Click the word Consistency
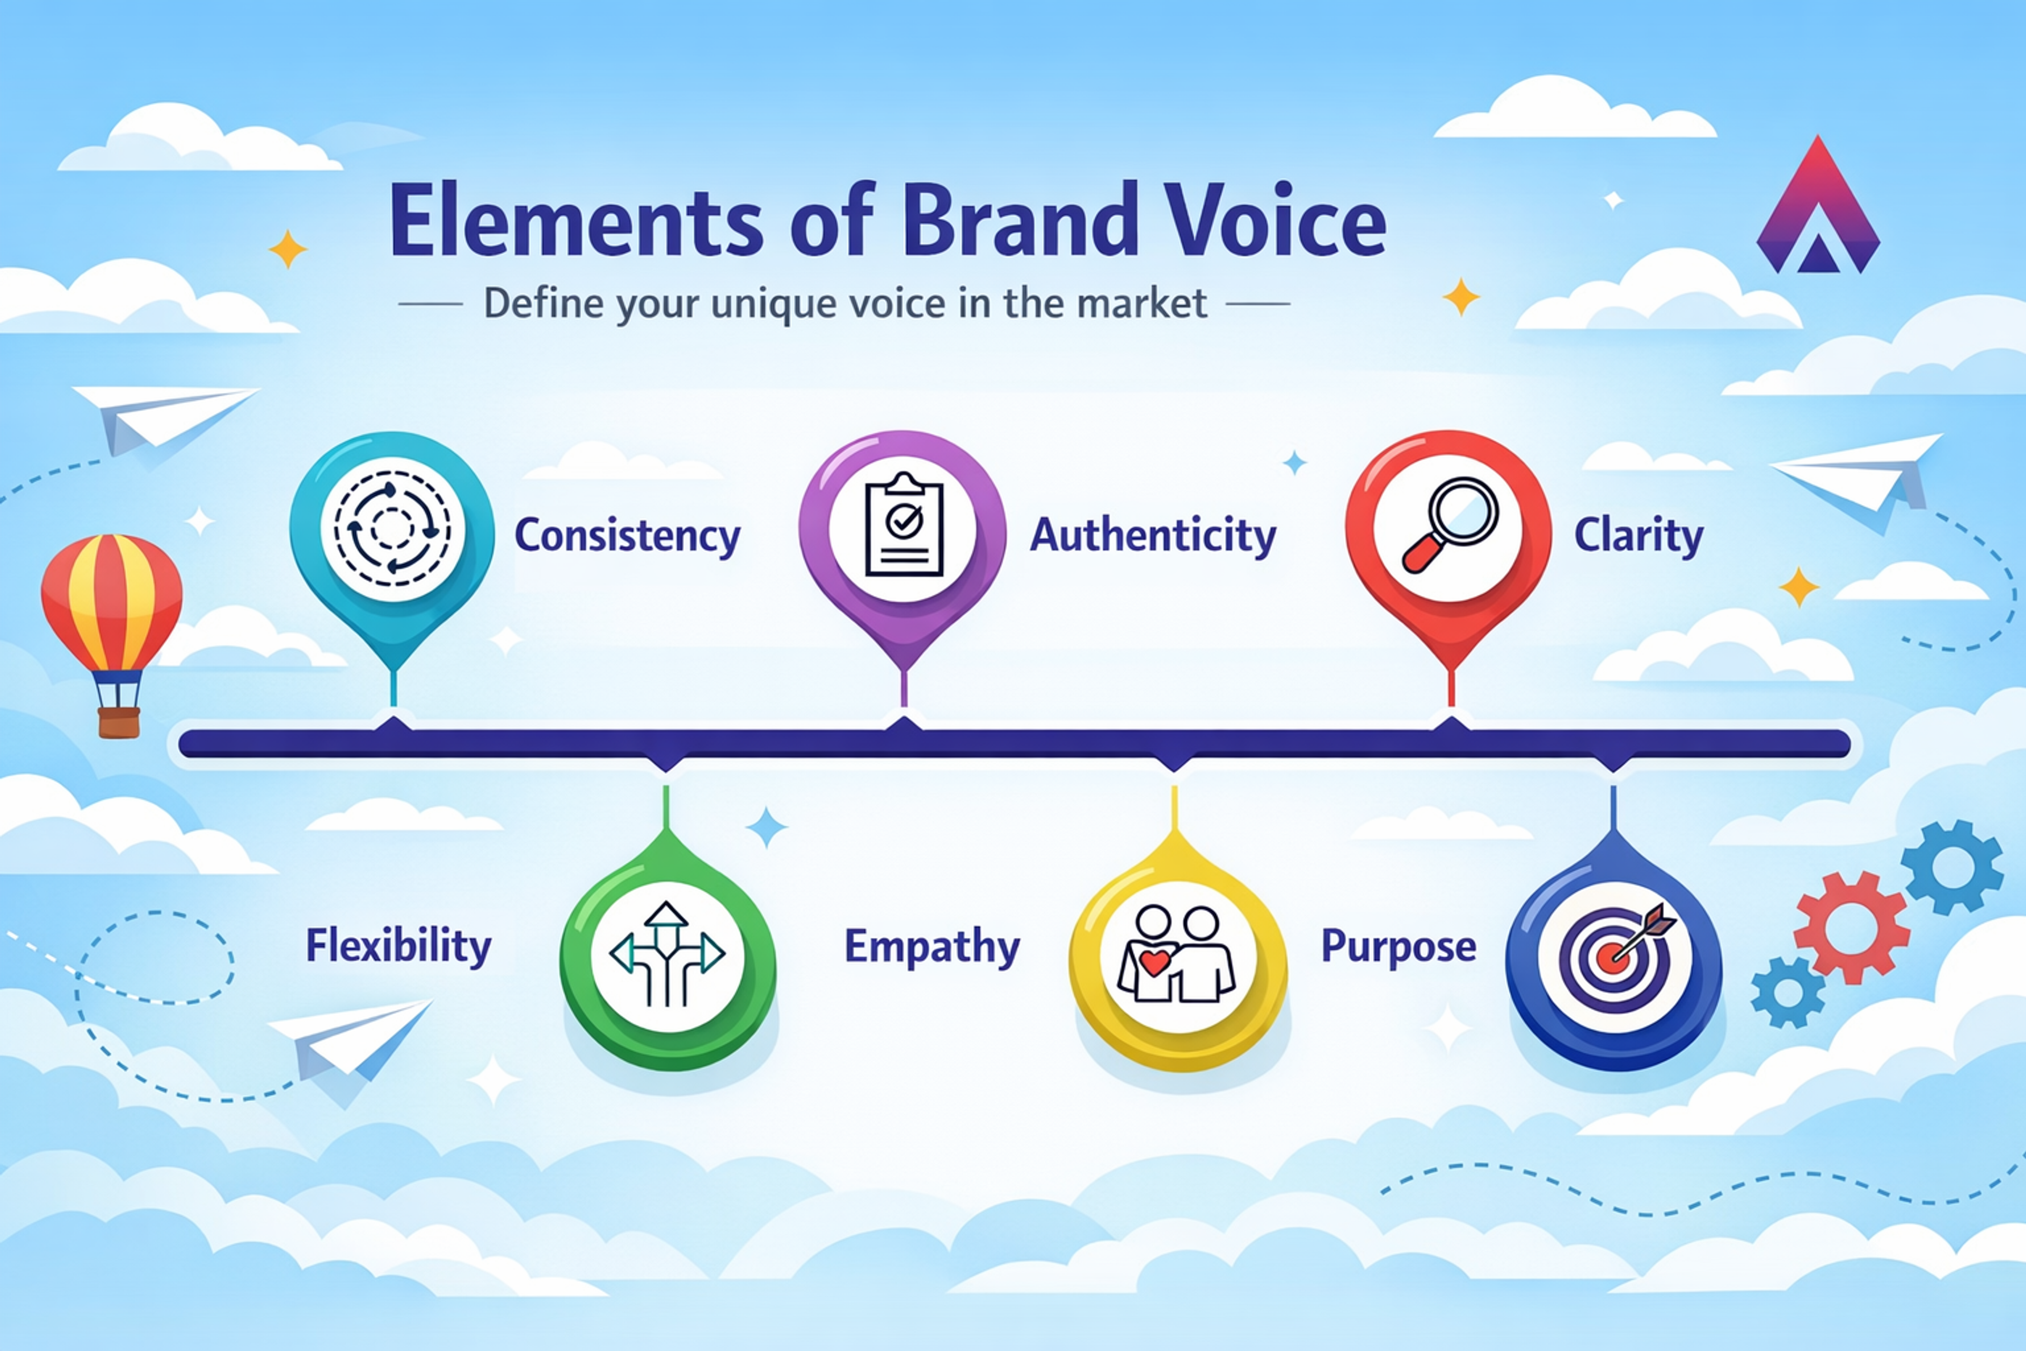[x=627, y=536]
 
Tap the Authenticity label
[x=1152, y=536]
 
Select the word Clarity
[x=1638, y=536]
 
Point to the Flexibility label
[x=398, y=946]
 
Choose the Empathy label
[x=932, y=947]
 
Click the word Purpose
[x=1398, y=946]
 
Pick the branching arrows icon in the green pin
[x=667, y=955]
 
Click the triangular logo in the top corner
[x=1818, y=211]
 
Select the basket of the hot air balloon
[x=119, y=722]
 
